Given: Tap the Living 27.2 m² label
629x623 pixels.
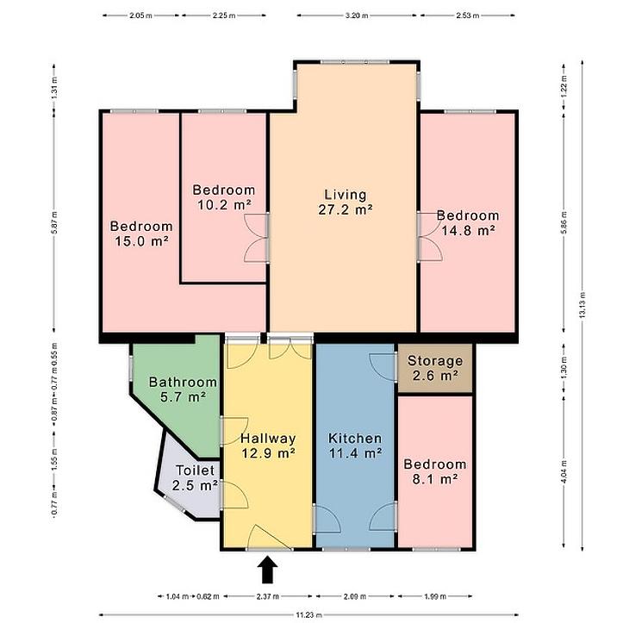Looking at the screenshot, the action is [x=346, y=202].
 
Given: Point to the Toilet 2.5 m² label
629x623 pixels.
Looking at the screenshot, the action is [x=195, y=477].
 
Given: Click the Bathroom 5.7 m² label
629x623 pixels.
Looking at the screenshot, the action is [x=183, y=389].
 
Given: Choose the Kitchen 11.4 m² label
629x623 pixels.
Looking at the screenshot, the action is [x=355, y=445].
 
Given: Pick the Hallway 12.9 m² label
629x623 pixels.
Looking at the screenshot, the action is [x=268, y=445].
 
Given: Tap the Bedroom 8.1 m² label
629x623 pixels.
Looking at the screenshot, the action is [x=435, y=471].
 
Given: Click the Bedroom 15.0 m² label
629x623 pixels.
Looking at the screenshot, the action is [x=141, y=234].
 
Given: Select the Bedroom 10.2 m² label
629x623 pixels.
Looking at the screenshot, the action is [x=224, y=197].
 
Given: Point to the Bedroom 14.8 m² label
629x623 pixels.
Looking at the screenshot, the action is [x=468, y=223].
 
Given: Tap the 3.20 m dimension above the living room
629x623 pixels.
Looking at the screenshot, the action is [x=357, y=16].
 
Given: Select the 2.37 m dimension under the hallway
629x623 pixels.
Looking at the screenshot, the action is [x=268, y=596].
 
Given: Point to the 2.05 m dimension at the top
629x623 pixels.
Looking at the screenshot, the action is [x=140, y=16].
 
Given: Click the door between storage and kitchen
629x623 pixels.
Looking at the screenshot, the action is [x=383, y=367].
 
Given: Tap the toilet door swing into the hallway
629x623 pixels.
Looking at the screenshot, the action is [x=234, y=495].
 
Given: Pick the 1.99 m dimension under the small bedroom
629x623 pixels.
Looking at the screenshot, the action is [x=435, y=596].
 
